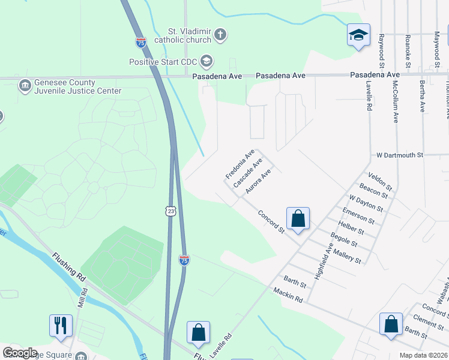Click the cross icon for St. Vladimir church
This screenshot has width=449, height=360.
click(220, 35)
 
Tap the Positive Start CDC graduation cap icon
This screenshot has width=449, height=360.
click(207, 61)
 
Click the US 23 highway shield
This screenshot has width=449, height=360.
click(172, 211)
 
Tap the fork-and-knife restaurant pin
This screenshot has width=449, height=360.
click(61, 325)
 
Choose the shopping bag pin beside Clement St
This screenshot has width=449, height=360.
click(391, 323)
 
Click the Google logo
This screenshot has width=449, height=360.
click(20, 353)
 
